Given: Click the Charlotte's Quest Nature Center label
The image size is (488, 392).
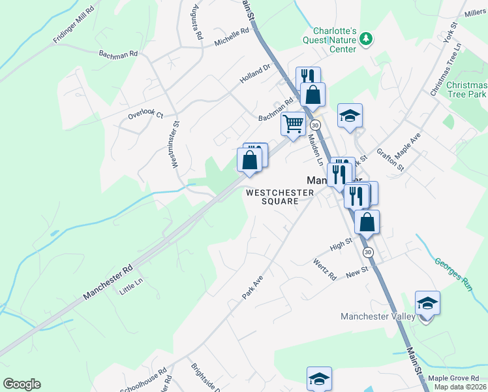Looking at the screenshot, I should tap(334, 40).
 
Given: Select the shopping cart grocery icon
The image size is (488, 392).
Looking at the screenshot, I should tap(294, 123).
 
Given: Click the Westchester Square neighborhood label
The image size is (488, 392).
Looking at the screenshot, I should tap(280, 197).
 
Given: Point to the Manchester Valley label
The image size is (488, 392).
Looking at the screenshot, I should tap(378, 317).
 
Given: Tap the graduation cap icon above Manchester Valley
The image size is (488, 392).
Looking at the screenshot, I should tap(427, 304).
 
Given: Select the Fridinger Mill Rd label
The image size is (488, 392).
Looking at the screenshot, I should tap(74, 25).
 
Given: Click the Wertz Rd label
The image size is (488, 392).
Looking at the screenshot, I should tap(324, 269).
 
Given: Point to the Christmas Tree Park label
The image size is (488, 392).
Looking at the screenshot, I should tap(466, 90).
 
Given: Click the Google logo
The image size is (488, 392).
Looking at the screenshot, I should tap(22, 384).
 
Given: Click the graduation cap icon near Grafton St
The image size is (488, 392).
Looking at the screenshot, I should tap(350, 116).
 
